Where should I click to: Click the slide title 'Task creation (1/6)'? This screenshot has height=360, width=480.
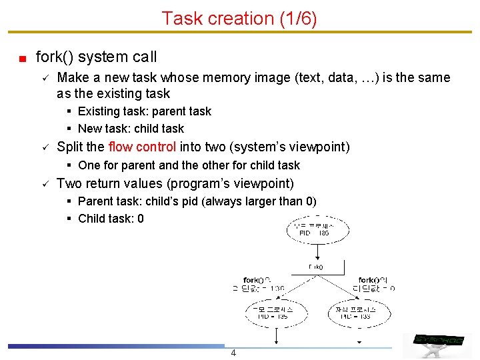point(239,18)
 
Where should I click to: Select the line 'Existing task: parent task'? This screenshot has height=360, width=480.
point(144,111)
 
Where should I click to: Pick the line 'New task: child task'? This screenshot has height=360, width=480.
point(131,129)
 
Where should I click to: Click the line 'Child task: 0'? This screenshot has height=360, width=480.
point(111,219)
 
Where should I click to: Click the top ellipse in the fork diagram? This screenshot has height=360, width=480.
point(318,230)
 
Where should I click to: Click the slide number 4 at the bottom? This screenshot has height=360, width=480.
point(233,353)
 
